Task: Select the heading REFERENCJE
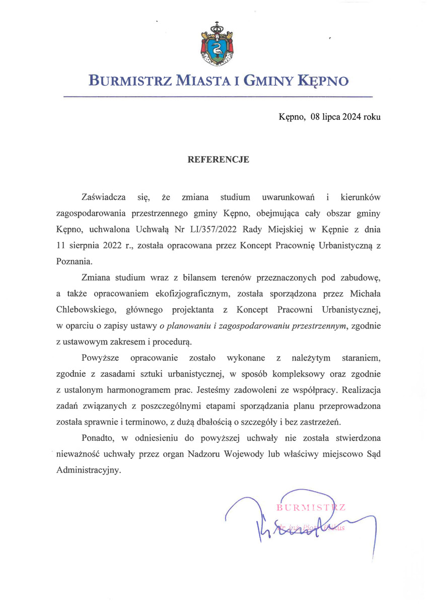[219, 160]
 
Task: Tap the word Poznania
[75, 261]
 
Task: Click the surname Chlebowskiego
[87, 309]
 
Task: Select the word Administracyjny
[88, 471]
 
